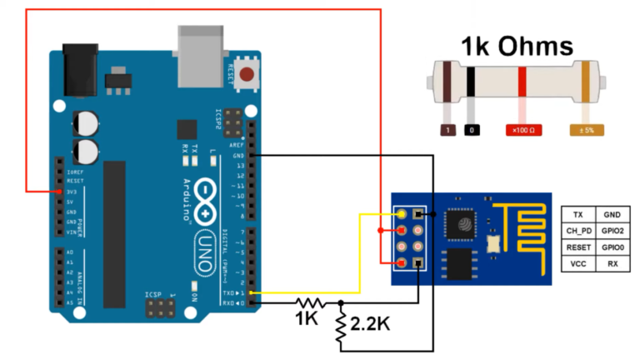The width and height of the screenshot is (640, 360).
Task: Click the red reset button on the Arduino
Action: pos(247,74)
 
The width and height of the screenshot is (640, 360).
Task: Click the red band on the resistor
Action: pos(522,83)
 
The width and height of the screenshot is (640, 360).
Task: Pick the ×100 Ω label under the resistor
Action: pos(522,130)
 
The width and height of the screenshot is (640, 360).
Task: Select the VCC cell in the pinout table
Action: pos(577,264)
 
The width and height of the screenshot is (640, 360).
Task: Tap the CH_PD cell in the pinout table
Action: pos(577,231)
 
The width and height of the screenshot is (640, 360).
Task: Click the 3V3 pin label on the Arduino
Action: pos(73,192)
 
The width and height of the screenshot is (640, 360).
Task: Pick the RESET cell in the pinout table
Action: pos(577,247)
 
